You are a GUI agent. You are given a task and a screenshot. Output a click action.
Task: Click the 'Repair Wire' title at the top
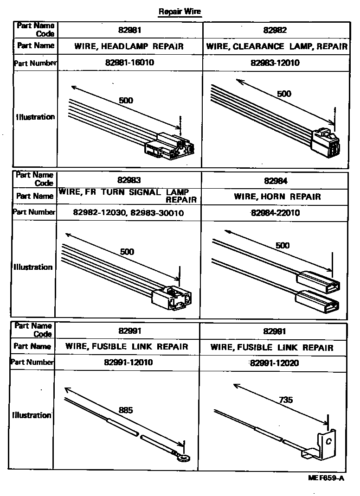coord(180,12)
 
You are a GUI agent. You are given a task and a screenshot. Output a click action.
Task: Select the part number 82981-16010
coord(129,62)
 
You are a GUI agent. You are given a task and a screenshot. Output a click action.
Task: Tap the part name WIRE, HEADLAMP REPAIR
coord(129,46)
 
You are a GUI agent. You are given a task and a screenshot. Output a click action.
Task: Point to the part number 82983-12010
coord(275,63)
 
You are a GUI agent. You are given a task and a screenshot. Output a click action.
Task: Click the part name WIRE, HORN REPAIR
coord(277,197)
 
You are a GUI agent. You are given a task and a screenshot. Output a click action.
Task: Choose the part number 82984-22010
coord(275,213)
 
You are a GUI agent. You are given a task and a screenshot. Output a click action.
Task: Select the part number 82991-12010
coord(128,362)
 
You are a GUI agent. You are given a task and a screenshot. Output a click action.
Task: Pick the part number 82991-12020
coord(274,363)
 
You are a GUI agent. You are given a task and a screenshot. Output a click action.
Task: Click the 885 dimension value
coord(126,410)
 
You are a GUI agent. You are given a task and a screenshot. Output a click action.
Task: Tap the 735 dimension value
coord(286,400)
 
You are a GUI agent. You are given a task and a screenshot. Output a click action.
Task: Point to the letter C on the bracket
coord(328,441)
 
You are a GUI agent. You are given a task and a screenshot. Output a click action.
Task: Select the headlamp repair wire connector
coord(169,146)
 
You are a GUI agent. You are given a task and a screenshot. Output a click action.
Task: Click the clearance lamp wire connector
coord(326,142)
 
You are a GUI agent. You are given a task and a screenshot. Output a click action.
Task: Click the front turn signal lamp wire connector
coord(172,299)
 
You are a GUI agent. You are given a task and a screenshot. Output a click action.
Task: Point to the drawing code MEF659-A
coord(326,477)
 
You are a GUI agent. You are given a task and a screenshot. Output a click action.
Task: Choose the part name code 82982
coord(275,30)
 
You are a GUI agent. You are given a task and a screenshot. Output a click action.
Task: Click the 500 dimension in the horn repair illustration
coord(282,246)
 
